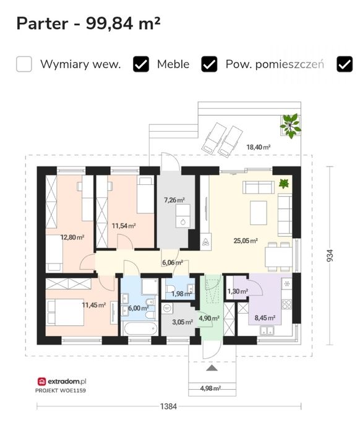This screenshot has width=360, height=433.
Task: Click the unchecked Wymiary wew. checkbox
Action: coord(24,64)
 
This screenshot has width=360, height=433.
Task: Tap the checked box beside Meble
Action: coord(141,64)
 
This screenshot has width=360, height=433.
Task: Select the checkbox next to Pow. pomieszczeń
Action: coord(209,64)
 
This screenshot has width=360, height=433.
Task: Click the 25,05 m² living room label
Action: coord(246,241)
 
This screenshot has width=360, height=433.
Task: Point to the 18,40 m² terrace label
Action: coord(258,147)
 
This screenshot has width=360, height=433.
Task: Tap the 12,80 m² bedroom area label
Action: coord(72,237)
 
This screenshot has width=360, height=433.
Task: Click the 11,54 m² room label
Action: coord(124,226)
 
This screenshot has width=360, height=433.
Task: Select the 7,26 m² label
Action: coord(174,200)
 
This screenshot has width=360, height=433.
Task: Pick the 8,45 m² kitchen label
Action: coord(265,318)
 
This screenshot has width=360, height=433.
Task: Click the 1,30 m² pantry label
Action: coord(238,291)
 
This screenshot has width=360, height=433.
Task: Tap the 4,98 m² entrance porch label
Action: coord(210,388)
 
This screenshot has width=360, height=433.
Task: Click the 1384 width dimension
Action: coord(168,406)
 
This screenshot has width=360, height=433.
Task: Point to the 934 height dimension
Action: coord(330,255)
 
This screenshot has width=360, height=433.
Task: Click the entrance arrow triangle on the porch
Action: coord(212,367)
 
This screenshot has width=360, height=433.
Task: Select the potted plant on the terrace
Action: coord(290,126)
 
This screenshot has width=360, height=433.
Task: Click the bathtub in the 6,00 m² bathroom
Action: coord(140,328)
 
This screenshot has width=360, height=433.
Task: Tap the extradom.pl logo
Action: coord(62,382)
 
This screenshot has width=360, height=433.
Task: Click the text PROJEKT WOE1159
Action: coord(61,390)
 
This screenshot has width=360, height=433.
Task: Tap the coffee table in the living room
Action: coord(259,213)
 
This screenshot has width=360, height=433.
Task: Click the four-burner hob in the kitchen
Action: coord(286,304)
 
